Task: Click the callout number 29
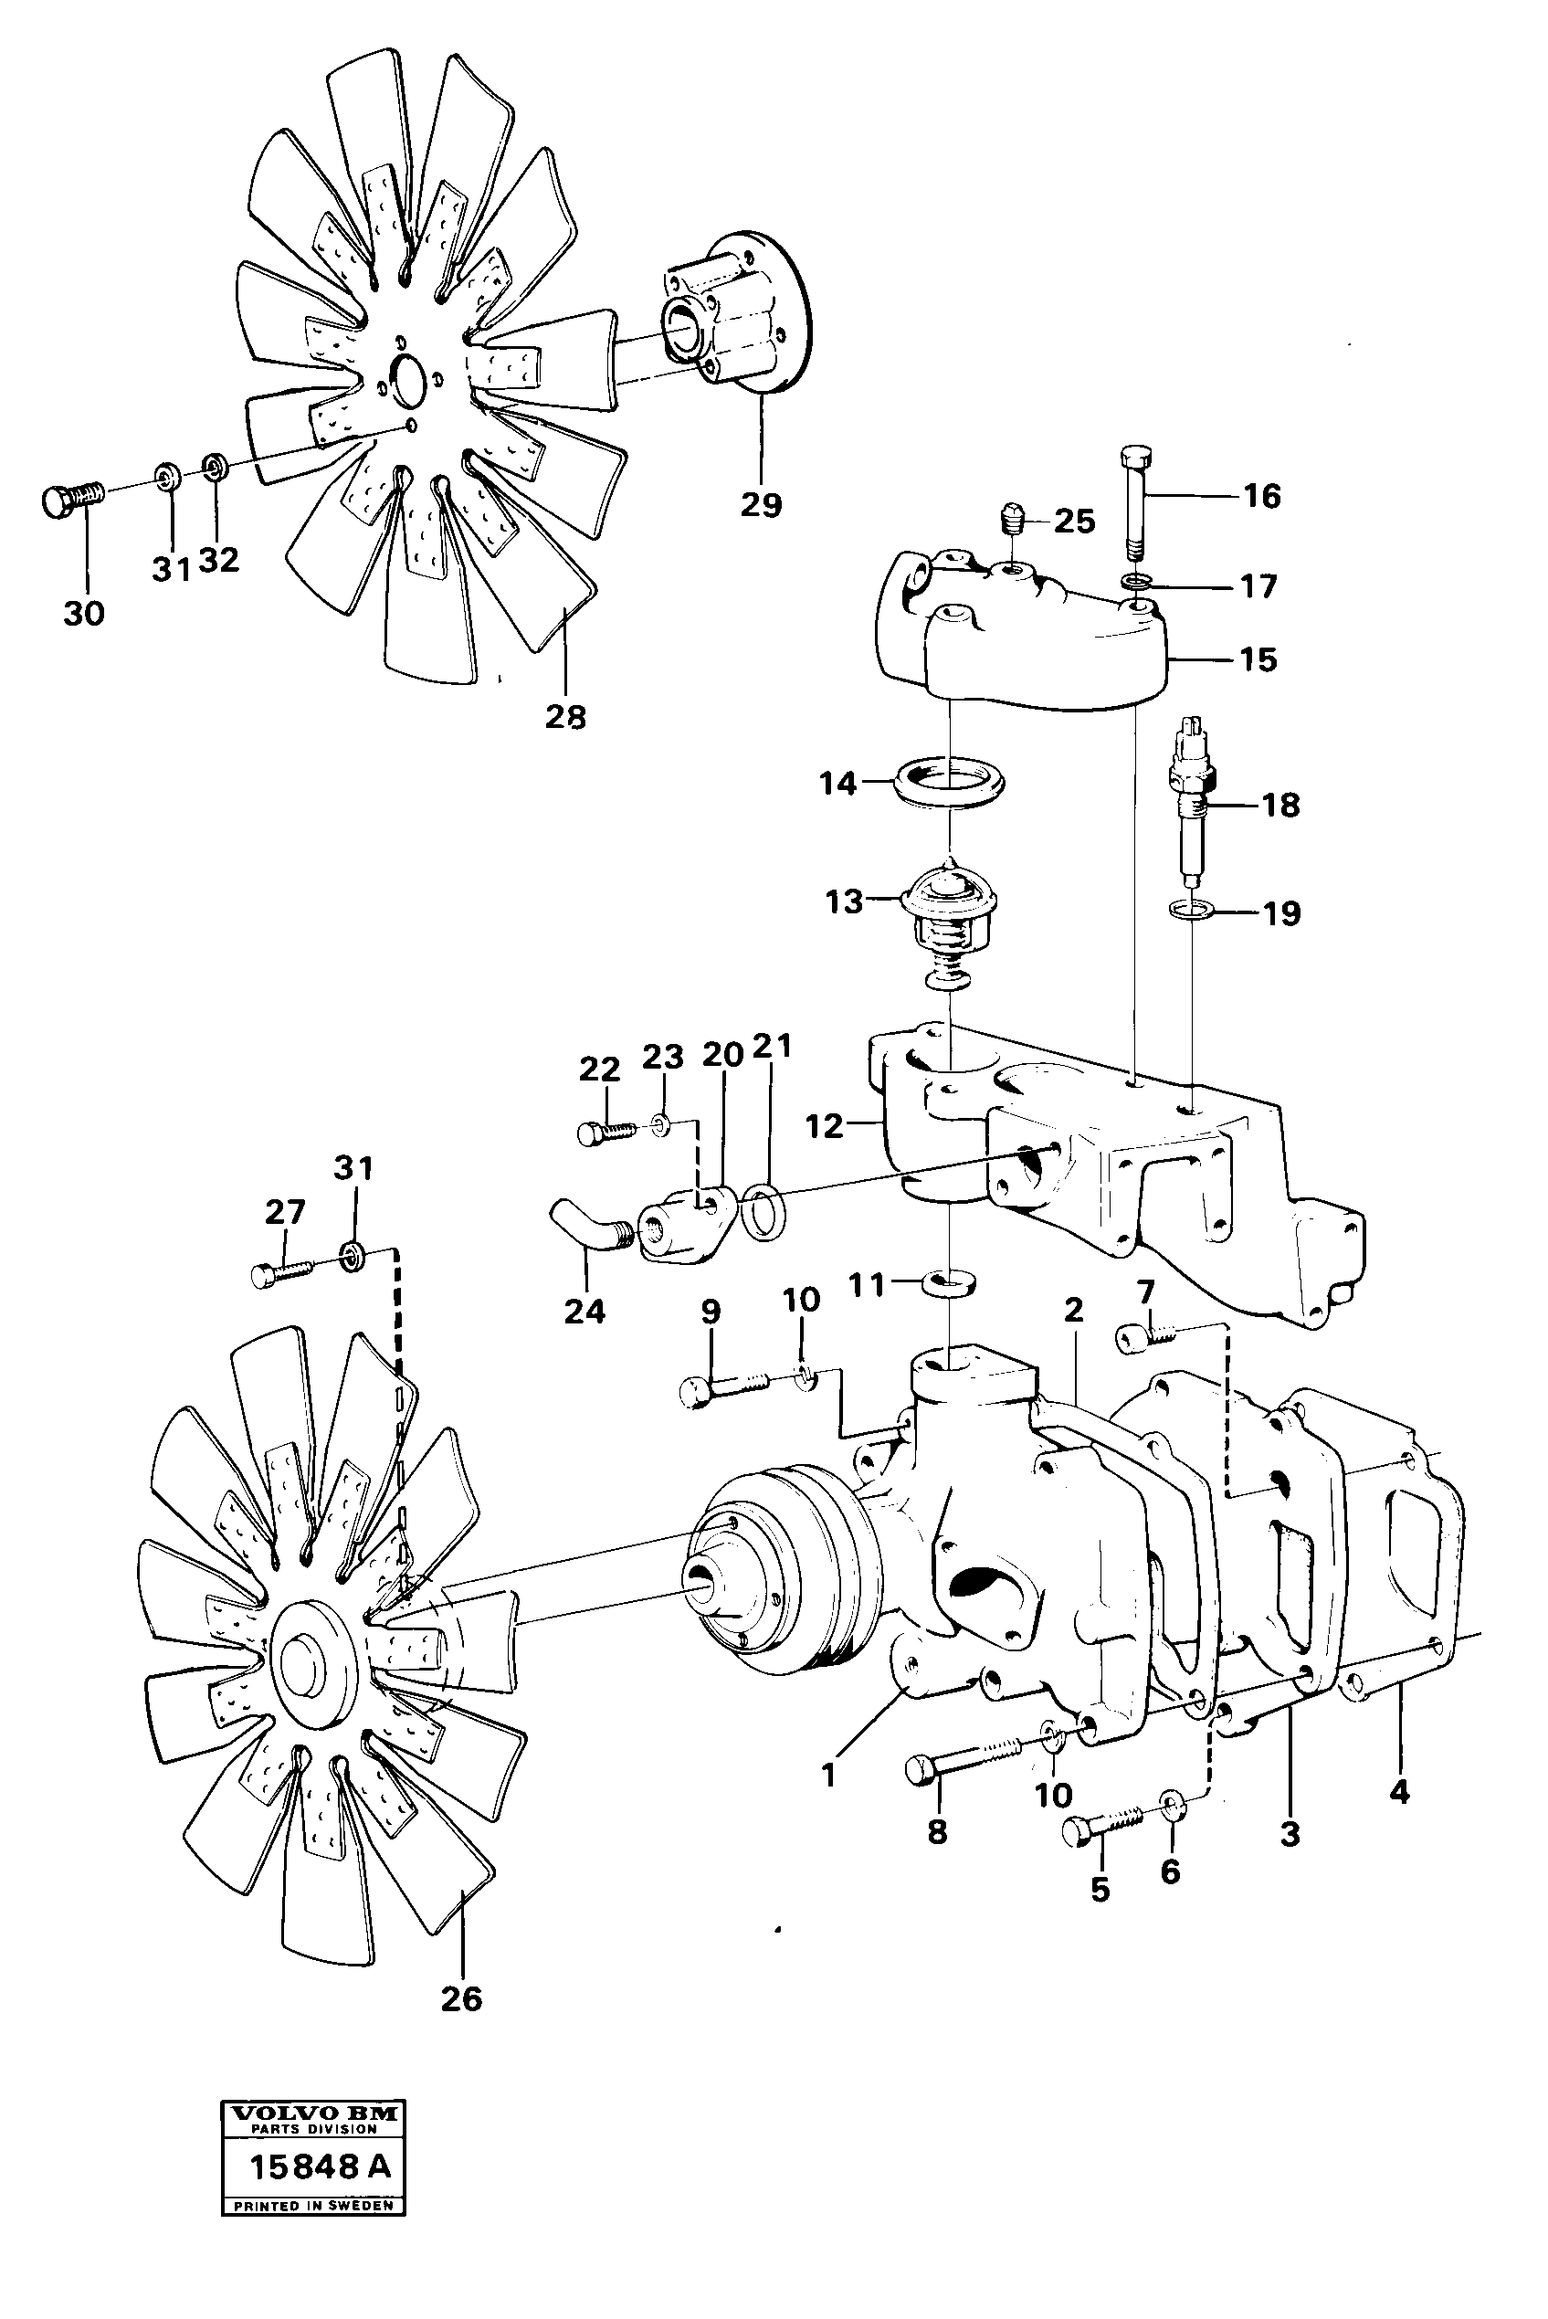pos(760,504)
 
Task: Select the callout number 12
pos(825,1126)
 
